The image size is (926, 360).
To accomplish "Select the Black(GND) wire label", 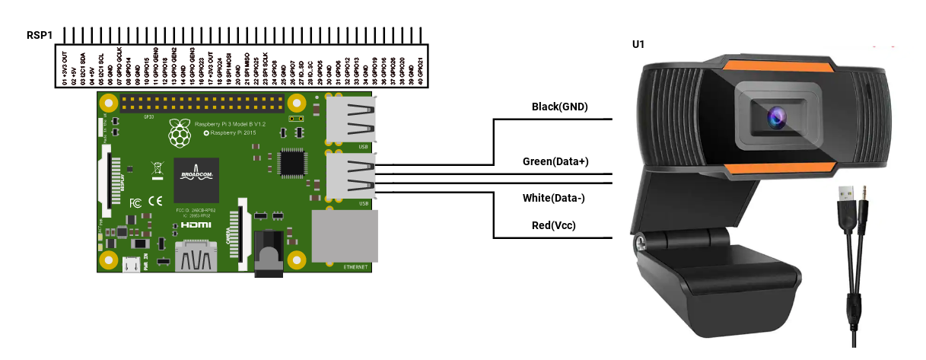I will (x=560, y=107).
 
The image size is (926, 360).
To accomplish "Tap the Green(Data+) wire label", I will (x=555, y=161).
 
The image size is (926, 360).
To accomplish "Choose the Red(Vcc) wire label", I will (x=553, y=226).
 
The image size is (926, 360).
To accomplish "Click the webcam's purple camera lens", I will (x=777, y=116).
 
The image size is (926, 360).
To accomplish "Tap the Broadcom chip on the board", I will (x=196, y=180).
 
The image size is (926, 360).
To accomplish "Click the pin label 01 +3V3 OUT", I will (x=65, y=68).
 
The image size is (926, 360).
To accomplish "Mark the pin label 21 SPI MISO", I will (x=247, y=69).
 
